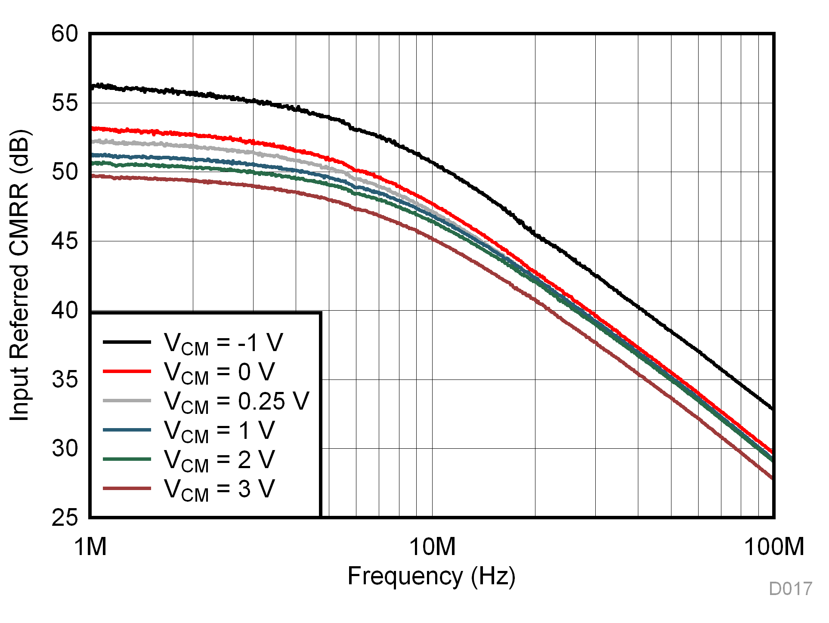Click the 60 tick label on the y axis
(x=65, y=34)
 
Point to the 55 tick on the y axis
(x=65, y=103)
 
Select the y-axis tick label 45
(x=65, y=241)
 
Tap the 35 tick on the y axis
(x=65, y=379)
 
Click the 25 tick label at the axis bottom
(x=65, y=518)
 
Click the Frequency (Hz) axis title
(x=431, y=577)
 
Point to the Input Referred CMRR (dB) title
(x=19, y=275)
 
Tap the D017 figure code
(x=790, y=589)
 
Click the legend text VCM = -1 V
(x=223, y=343)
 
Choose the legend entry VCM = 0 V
(x=219, y=372)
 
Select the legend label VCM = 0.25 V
(x=236, y=401)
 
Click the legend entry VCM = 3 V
(x=219, y=489)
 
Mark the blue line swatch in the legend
(x=127, y=430)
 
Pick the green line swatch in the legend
(x=127, y=459)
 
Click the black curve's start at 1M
(x=92, y=87)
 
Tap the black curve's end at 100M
(x=773, y=408)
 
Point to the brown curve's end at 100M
(x=773, y=478)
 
